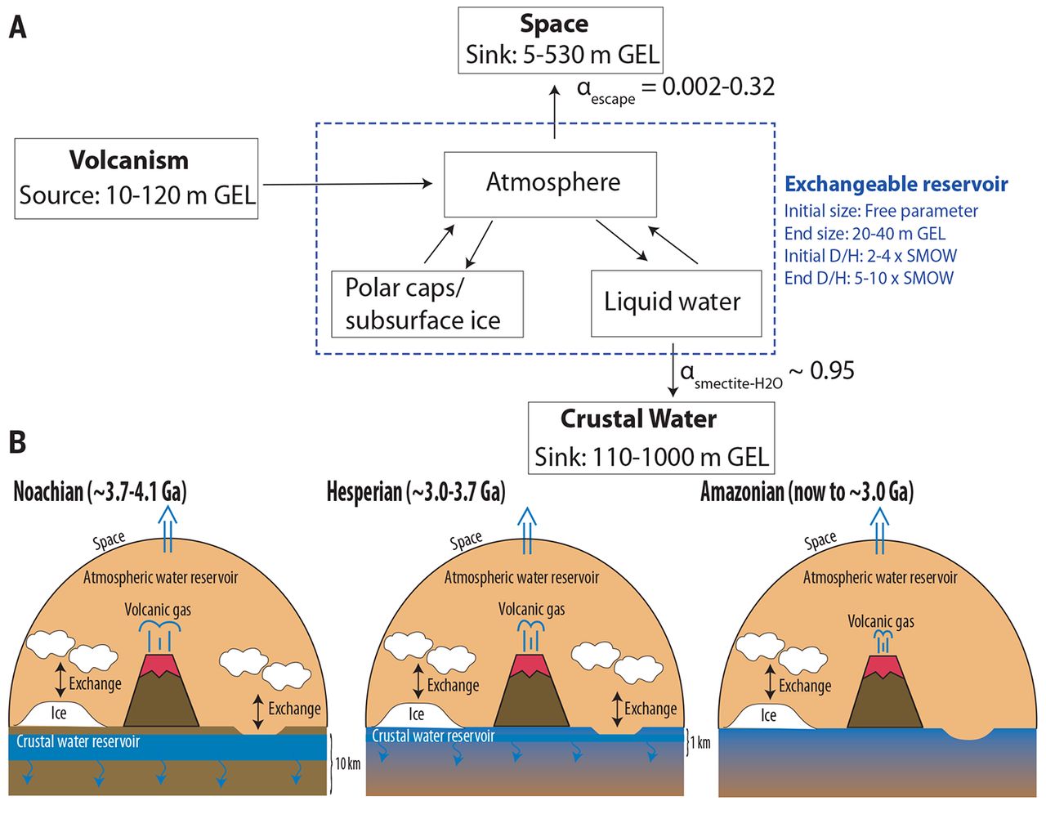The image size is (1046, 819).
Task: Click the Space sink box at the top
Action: coord(561,40)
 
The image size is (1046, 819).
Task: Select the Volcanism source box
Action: coord(136,179)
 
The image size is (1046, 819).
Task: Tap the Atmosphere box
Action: coord(550,185)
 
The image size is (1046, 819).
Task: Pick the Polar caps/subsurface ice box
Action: coord(427,304)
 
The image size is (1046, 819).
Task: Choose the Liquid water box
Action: coord(677,303)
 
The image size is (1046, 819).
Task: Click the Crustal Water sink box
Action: coord(651,438)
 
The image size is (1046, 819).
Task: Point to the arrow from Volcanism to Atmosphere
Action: coord(347,183)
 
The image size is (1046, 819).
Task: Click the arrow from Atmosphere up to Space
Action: coord(555,112)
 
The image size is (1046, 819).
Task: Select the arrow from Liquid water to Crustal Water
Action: coord(673,369)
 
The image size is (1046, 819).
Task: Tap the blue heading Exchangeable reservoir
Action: coord(896,184)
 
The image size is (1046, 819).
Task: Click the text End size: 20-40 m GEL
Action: coord(865,234)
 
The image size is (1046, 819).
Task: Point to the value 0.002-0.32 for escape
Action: coord(718,87)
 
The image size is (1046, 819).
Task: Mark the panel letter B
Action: coord(17,442)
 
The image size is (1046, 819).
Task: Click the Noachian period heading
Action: coord(101,492)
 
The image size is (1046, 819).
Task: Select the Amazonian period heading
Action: coord(807,492)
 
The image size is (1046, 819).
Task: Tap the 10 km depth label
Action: coord(347,763)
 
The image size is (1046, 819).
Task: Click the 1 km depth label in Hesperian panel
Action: coord(700,742)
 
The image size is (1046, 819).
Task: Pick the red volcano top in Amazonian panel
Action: coord(883,667)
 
